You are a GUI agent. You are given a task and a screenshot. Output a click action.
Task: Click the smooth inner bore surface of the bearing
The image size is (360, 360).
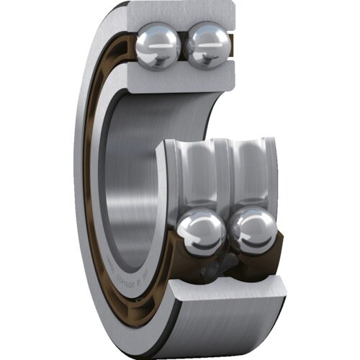126,158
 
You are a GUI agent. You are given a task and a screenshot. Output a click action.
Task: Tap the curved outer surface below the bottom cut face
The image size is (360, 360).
216,331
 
